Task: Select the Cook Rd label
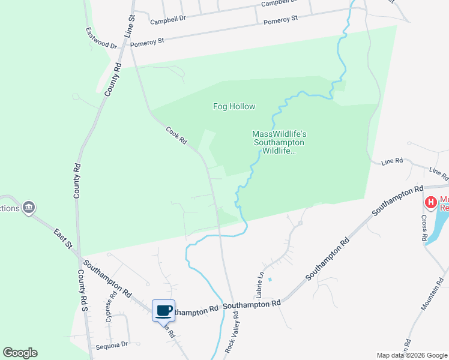(x=176, y=136)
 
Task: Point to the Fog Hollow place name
(x=234, y=107)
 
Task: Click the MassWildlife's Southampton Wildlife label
(x=279, y=143)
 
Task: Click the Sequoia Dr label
(x=112, y=344)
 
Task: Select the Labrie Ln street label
(x=261, y=284)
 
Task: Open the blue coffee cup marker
(x=163, y=311)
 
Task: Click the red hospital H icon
(x=430, y=203)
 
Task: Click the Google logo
(x=20, y=353)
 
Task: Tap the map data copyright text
(x=412, y=355)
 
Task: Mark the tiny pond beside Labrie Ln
(x=270, y=280)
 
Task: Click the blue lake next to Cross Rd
(x=437, y=225)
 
